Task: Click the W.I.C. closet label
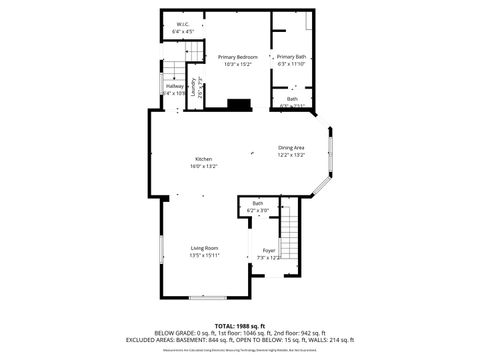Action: coord(183,25)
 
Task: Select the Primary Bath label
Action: coord(292,57)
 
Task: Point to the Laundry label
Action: coord(194,87)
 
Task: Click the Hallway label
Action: coord(174,87)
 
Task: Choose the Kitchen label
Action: coord(204,160)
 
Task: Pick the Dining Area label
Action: coord(292,148)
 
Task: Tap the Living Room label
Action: coord(205,247)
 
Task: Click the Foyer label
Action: coord(268,250)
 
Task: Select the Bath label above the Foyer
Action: coord(258,204)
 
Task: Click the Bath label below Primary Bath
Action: coord(292,98)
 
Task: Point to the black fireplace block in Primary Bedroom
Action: coord(239,103)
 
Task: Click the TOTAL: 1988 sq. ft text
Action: coord(239,326)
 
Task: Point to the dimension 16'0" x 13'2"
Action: coord(204,167)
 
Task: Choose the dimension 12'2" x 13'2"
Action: coord(292,155)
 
